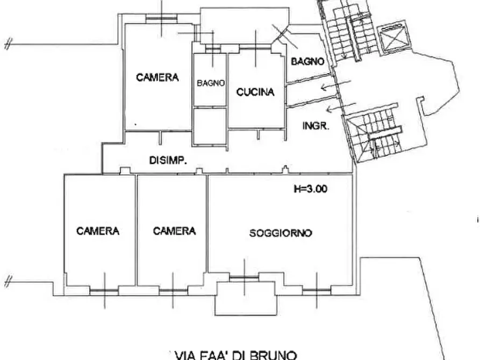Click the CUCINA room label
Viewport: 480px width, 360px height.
(255, 92)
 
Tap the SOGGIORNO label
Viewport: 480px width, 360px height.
(281, 233)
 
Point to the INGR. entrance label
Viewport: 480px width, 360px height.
(316, 127)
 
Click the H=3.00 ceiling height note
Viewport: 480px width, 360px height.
(310, 189)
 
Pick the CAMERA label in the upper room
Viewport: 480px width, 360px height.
(157, 77)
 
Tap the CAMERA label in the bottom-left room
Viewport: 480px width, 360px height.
(98, 231)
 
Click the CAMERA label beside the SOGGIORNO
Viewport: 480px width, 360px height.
(174, 231)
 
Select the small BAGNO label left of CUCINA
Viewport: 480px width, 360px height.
(210, 83)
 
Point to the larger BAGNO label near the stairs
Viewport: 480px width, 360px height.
(307, 61)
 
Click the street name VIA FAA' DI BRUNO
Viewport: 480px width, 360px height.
(236, 355)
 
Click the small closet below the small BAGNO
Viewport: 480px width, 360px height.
(210, 126)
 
